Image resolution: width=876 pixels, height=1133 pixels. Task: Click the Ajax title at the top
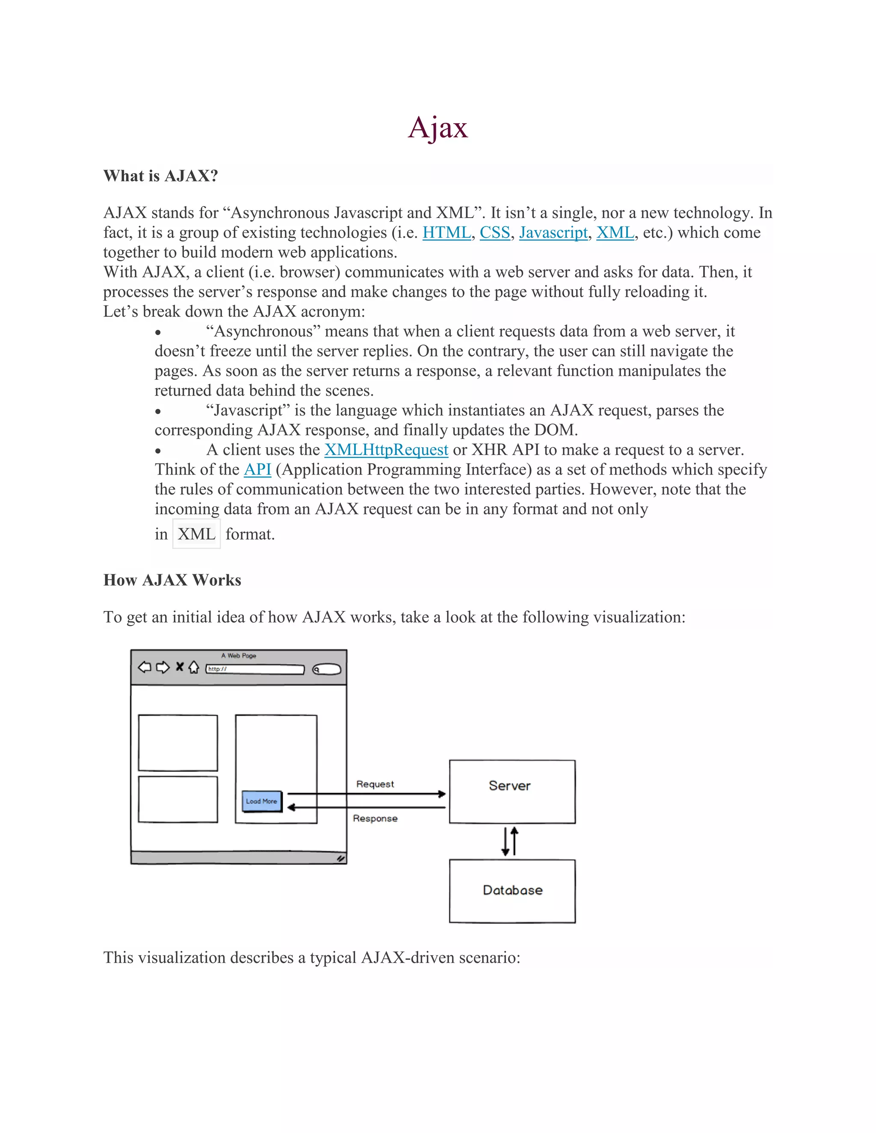pyautogui.click(x=438, y=127)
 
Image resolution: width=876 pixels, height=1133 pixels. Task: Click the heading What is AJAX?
pyautogui.click(x=160, y=176)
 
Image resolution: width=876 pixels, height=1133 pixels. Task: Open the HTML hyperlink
pyautogui.click(x=446, y=233)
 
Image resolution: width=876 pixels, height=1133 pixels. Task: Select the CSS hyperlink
pyautogui.click(x=494, y=233)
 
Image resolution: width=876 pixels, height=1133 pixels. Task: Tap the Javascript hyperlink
pyautogui.click(x=553, y=233)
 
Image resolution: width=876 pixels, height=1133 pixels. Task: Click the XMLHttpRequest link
pyautogui.click(x=386, y=449)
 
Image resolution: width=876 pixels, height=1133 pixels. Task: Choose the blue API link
pyautogui.click(x=257, y=469)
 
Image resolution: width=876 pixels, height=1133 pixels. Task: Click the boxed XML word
pyautogui.click(x=196, y=534)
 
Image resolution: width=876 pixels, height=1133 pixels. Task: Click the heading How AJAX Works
pyautogui.click(x=172, y=580)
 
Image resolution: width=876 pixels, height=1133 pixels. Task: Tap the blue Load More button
pyautogui.click(x=261, y=801)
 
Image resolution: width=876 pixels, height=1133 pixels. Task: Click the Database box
pyautogui.click(x=512, y=891)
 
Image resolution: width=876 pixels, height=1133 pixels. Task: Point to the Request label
pyautogui.click(x=375, y=784)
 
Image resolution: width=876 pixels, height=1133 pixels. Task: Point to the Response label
pyautogui.click(x=375, y=818)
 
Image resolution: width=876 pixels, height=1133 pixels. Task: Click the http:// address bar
pyautogui.click(x=255, y=669)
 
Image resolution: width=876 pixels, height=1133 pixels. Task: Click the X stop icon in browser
pyautogui.click(x=180, y=667)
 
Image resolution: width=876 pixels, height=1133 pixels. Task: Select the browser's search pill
pyautogui.click(x=327, y=669)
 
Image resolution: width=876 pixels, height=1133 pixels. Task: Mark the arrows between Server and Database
pyautogui.click(x=509, y=841)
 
